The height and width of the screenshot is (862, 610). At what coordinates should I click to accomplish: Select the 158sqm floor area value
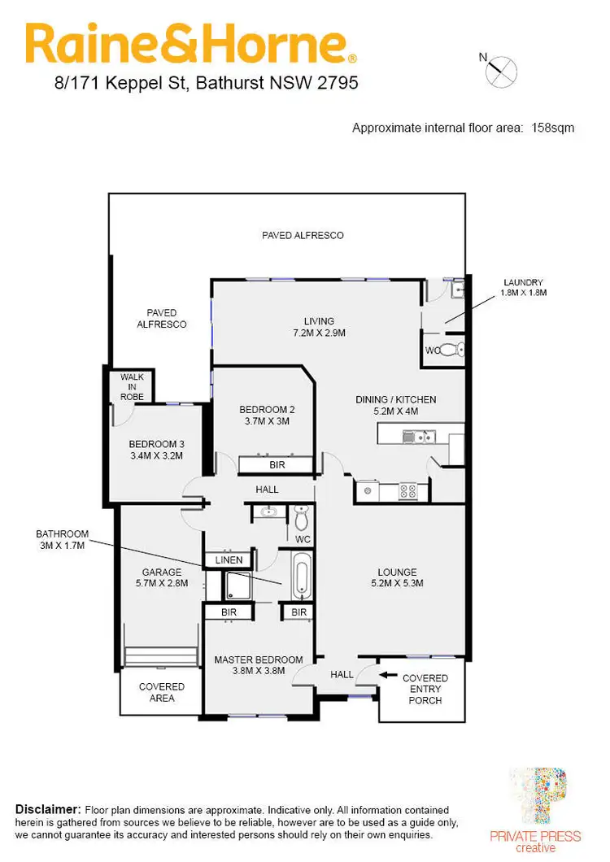point(553,128)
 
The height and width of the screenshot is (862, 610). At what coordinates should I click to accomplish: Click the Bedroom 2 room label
point(267,415)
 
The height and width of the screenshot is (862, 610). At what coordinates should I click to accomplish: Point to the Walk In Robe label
point(133,386)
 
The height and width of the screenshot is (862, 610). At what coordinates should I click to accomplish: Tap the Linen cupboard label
point(228,560)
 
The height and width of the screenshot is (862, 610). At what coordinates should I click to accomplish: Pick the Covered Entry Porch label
point(425,689)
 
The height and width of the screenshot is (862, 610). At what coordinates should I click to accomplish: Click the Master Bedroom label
point(259,665)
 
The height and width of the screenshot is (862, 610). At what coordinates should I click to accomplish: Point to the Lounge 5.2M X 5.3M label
point(397,577)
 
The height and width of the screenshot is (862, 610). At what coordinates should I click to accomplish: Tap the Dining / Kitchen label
point(396,405)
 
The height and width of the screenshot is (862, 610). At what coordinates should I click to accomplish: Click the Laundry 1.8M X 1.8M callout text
point(523,287)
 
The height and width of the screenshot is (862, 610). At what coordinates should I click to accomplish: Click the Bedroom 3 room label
point(156,450)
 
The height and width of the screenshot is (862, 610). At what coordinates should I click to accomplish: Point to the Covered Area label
point(162,692)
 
